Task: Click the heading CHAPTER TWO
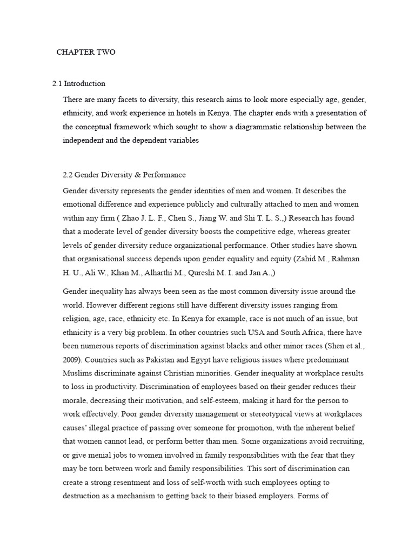click(x=86, y=52)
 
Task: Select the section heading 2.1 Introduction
click(x=79, y=84)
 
